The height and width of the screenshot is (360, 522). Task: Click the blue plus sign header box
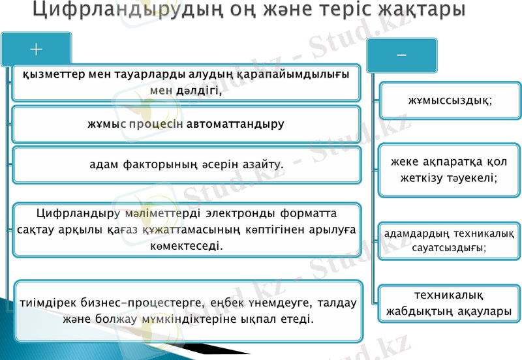pyautogui.click(x=36, y=50)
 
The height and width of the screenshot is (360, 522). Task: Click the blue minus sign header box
pyautogui.click(x=401, y=55)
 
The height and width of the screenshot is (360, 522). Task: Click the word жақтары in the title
pyautogui.click(x=418, y=12)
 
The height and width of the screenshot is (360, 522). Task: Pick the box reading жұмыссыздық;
pyautogui.click(x=450, y=100)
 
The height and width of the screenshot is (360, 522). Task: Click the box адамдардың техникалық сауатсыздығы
pyautogui.click(x=450, y=241)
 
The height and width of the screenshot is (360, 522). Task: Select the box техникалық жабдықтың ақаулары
pyautogui.click(x=450, y=304)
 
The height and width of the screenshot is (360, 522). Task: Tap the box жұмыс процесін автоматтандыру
pyautogui.click(x=186, y=123)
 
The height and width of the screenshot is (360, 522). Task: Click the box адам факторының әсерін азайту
pyautogui.click(x=186, y=164)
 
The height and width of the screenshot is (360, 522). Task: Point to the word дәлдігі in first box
pyautogui.click(x=198, y=91)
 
